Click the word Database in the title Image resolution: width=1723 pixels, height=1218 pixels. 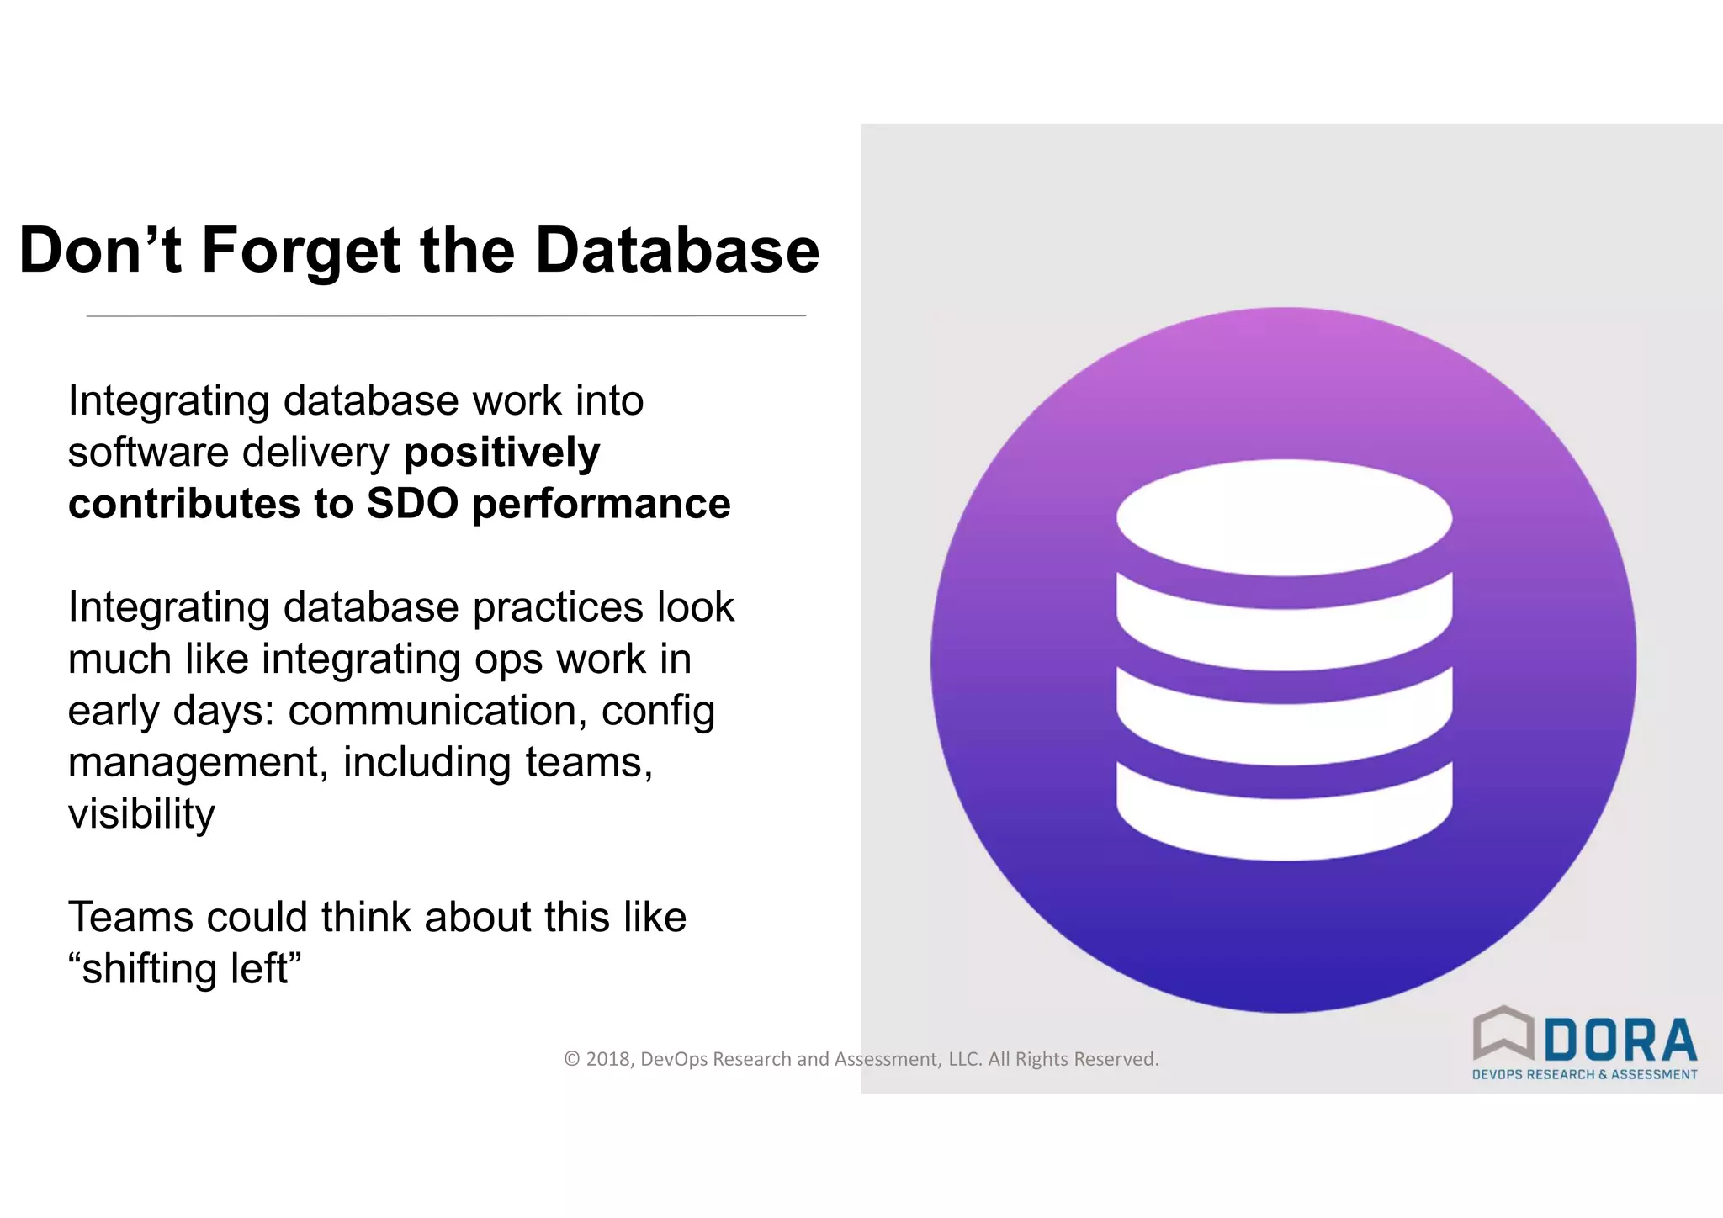pos(676,251)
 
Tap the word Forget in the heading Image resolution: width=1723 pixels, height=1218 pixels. pos(300,251)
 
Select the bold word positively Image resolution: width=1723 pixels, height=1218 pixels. pos(501,453)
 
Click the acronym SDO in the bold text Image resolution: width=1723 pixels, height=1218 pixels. pos(412,504)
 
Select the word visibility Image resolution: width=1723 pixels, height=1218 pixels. pos(141,814)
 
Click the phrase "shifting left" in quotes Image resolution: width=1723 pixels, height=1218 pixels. pos(184,968)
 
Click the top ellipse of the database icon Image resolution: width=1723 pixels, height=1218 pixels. pos(1284,517)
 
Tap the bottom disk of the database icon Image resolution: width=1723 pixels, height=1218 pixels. pos(1284,816)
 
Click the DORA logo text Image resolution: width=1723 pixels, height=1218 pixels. pos(1620,1041)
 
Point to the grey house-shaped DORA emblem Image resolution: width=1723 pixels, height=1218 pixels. pos(1503,1033)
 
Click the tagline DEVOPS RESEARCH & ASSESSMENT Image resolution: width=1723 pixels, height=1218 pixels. pos(1584,1075)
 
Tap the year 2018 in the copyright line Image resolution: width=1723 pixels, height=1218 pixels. pos(608,1059)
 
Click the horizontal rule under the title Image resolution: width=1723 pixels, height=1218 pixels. pos(446,316)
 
